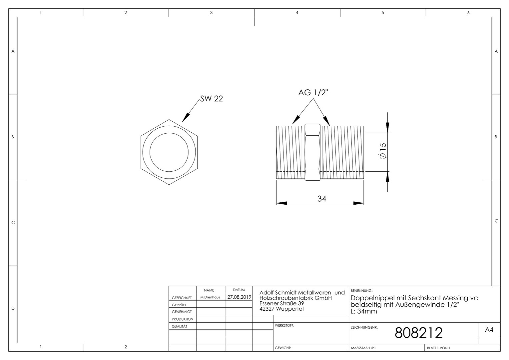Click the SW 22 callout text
(x=211, y=98)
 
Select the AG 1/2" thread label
(x=313, y=93)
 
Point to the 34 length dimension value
(x=321, y=199)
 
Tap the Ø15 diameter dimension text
(x=383, y=151)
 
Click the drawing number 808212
(x=419, y=333)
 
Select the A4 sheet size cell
(x=489, y=330)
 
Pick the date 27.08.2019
(x=239, y=297)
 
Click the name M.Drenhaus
(x=210, y=297)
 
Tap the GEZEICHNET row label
(x=182, y=298)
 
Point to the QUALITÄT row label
(x=180, y=326)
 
